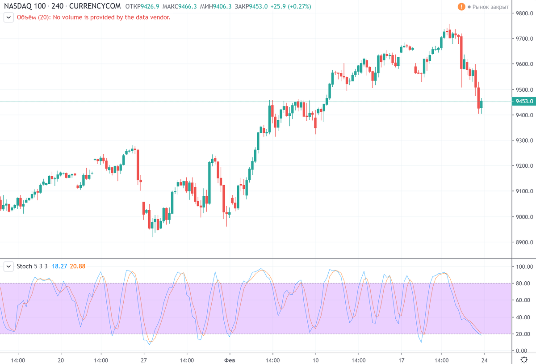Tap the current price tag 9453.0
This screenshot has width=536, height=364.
(x=524, y=102)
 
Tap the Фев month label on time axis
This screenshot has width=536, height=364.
(x=229, y=360)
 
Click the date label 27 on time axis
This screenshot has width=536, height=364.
(x=143, y=360)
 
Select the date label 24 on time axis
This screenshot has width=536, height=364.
(x=484, y=360)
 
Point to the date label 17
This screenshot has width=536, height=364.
(x=401, y=360)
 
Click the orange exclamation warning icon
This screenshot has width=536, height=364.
(x=461, y=7)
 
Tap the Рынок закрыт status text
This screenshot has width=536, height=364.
(x=490, y=7)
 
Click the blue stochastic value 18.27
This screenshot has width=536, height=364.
(x=59, y=266)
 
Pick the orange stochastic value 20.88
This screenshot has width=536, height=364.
(x=77, y=266)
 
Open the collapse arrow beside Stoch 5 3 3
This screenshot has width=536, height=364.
(x=8, y=266)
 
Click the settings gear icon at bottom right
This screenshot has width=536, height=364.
(x=525, y=360)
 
